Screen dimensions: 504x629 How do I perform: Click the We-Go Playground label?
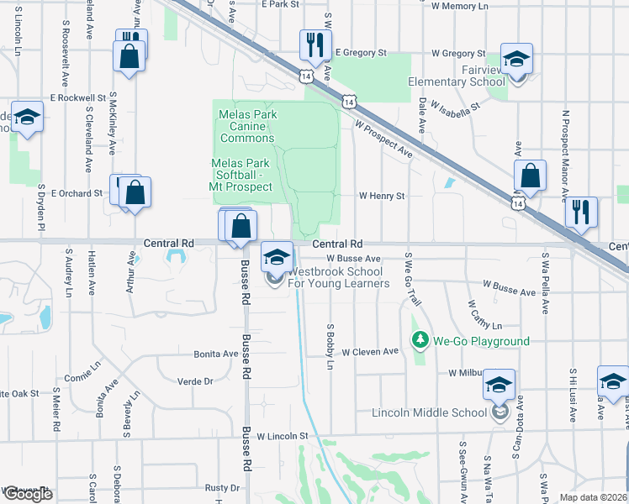(x=481, y=341)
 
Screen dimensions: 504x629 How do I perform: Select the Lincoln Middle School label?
(x=429, y=412)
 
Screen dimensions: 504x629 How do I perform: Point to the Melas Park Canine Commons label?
(x=246, y=126)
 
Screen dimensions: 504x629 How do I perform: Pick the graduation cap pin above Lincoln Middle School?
(x=499, y=387)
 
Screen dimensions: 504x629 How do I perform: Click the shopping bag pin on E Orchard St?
(x=134, y=194)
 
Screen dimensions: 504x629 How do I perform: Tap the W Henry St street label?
(x=382, y=196)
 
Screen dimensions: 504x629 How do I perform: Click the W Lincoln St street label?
(x=283, y=437)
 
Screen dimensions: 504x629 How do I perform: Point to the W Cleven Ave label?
(x=369, y=351)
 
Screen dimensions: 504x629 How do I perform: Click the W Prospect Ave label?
(x=384, y=140)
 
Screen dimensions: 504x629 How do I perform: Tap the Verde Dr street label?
(x=196, y=381)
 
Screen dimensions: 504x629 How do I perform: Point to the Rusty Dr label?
(x=222, y=488)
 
